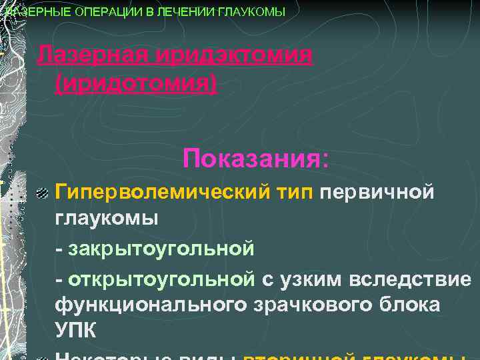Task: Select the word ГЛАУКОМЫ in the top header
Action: pos(248,12)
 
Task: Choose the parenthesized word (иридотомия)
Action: pos(137,85)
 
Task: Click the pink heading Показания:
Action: pos(256,159)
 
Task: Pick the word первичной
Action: pos(378,193)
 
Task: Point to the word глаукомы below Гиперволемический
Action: pos(107,219)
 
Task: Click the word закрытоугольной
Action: pos(160,249)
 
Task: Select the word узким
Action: pos(313,278)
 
